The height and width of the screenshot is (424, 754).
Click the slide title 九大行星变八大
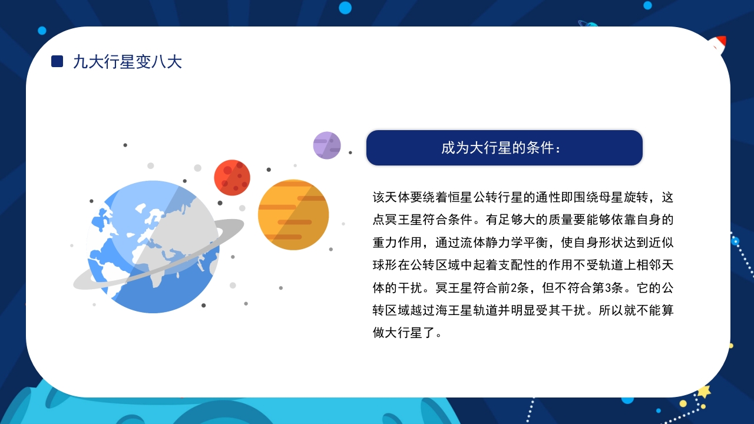pyautogui.click(x=127, y=61)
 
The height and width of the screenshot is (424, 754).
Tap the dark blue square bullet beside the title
pyautogui.click(x=57, y=61)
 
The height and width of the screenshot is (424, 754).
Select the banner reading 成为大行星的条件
pyautogui.click(x=504, y=148)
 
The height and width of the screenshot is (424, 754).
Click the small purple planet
pyautogui.click(x=327, y=145)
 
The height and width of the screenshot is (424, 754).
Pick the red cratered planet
pyautogui.click(x=232, y=177)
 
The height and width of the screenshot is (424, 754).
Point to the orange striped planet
pyautogui.click(x=293, y=215)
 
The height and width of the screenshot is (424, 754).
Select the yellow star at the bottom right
pyautogui.click(x=704, y=391)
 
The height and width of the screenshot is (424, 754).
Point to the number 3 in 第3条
pyautogui.click(x=597, y=288)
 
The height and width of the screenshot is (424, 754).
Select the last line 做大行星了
pyautogui.click(x=407, y=333)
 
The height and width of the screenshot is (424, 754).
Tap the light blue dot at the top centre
pyautogui.click(x=345, y=8)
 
